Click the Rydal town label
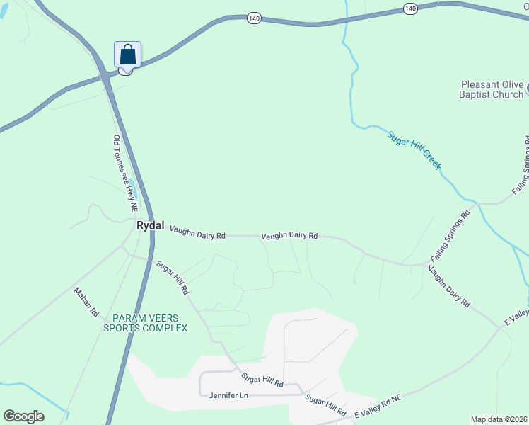click(x=150, y=226)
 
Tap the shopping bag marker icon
click(x=127, y=55)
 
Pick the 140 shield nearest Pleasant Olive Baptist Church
click(x=411, y=8)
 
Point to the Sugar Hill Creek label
click(x=414, y=149)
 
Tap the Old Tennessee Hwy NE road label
click(x=124, y=174)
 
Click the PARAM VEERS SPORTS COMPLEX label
click(x=145, y=323)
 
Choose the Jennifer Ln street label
click(x=229, y=395)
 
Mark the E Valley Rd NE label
click(x=378, y=409)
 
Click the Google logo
click(x=23, y=416)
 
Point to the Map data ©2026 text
click(x=499, y=419)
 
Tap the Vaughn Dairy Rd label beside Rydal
click(x=197, y=232)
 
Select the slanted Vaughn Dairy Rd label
click(x=449, y=290)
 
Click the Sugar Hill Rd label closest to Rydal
click(x=173, y=278)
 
